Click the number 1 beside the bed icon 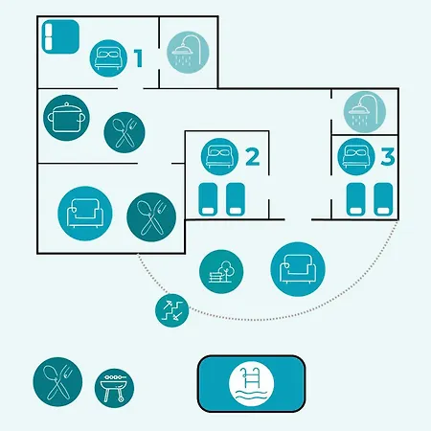click(138, 58)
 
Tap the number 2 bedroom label click(253, 157)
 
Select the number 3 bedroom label click(388, 157)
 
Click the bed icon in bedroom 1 click(108, 58)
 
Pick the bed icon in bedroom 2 click(219, 157)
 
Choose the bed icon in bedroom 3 click(356, 157)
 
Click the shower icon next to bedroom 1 click(188, 53)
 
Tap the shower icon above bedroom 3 click(365, 112)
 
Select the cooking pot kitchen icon click(66, 118)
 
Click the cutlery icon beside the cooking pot click(125, 132)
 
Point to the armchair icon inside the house click(85, 214)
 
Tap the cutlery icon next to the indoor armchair click(151, 217)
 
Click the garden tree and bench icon click(221, 272)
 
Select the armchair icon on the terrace click(298, 269)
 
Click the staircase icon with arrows click(172, 310)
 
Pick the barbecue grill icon click(114, 388)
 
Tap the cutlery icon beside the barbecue click(57, 382)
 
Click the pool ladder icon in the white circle click(252, 384)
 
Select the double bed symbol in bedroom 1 click(60, 36)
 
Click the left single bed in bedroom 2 click(208, 199)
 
